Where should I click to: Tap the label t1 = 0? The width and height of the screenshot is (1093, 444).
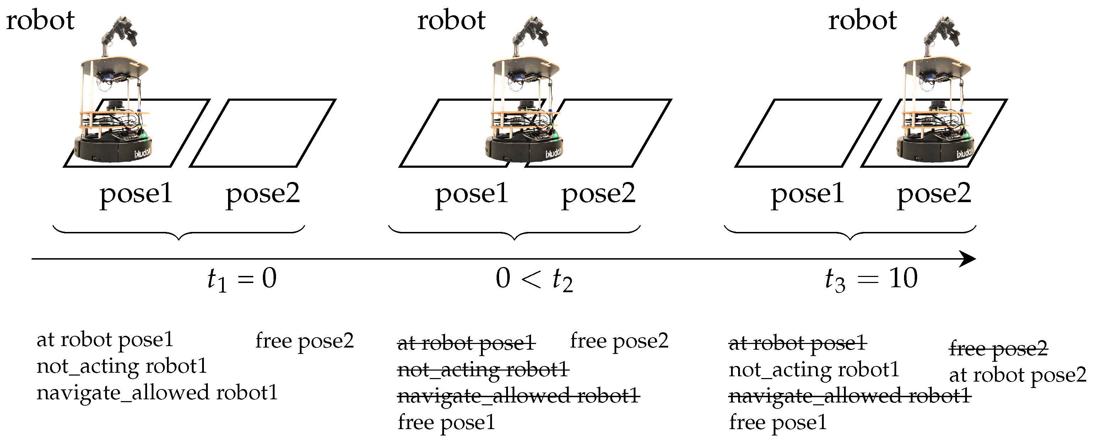[242, 279]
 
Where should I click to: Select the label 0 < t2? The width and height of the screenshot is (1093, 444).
[534, 279]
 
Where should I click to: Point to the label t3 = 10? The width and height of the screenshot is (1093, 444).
[871, 279]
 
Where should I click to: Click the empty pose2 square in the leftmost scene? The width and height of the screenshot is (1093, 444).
[263, 133]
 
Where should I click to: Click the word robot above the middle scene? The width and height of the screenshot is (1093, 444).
[451, 20]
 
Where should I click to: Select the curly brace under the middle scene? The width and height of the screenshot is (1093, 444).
[514, 233]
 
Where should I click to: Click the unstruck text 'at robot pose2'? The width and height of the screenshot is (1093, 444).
[1017, 375]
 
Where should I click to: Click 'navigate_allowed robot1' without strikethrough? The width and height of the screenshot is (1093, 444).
[157, 393]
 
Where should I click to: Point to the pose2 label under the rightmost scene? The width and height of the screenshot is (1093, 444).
[934, 194]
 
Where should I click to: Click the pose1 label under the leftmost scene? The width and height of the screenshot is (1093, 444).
[136, 194]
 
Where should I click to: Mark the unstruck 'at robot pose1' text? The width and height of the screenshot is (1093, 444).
[105, 340]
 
